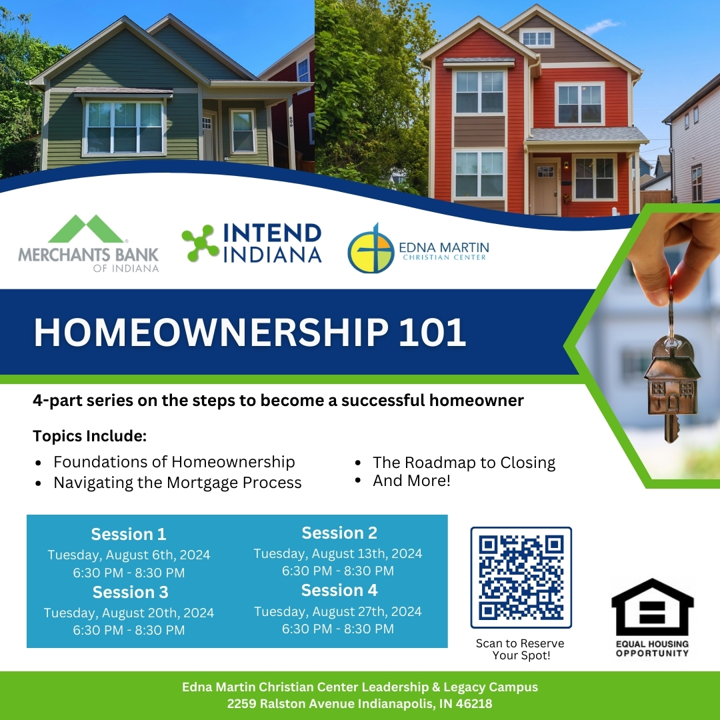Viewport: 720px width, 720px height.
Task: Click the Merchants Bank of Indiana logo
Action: (x=88, y=243)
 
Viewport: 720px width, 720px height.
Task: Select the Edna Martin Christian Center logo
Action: (x=418, y=248)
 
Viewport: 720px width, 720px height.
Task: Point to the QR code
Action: (x=521, y=577)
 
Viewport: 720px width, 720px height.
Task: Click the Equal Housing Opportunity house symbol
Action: (x=652, y=609)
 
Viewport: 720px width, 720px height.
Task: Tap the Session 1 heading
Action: (x=129, y=534)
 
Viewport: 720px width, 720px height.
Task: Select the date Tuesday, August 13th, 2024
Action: (x=338, y=553)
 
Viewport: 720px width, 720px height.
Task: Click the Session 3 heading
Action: (x=130, y=592)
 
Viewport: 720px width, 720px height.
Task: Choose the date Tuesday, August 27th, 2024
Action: (x=338, y=611)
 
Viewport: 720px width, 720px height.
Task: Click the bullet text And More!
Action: (x=411, y=480)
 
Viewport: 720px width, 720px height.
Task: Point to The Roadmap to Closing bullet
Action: (x=463, y=462)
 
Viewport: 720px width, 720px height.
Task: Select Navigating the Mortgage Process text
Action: (x=177, y=482)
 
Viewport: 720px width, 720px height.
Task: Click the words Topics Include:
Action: (x=90, y=437)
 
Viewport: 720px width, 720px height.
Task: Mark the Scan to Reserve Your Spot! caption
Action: (x=520, y=649)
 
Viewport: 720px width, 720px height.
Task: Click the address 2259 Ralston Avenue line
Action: (x=359, y=703)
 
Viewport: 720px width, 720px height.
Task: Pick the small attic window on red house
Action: (x=536, y=38)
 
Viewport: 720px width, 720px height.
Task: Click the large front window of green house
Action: (x=125, y=127)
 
